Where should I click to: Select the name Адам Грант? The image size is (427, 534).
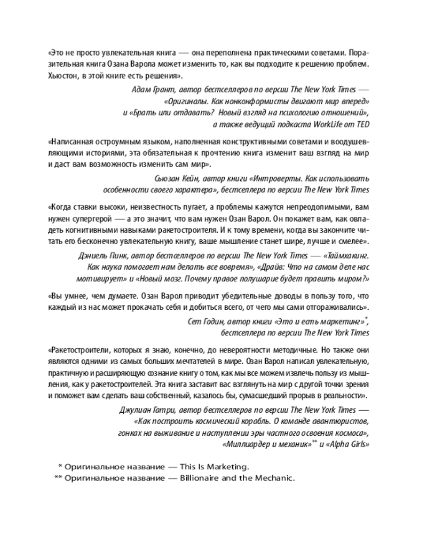[x=153, y=90]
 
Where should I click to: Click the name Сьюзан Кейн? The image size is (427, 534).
[x=169, y=178]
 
